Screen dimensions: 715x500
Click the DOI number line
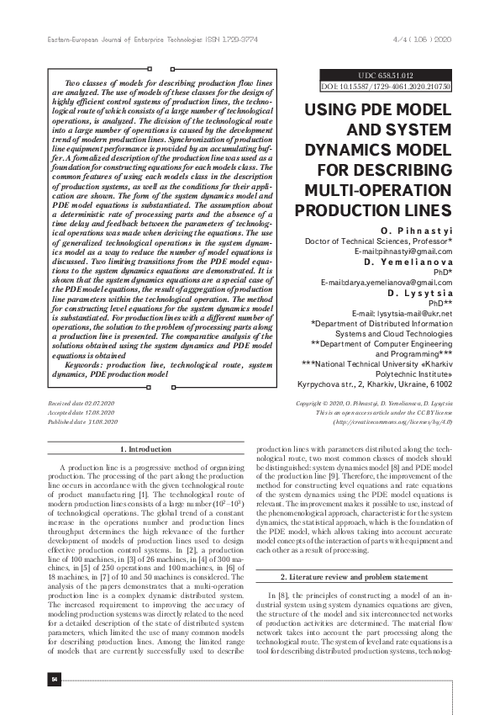point(386,86)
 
